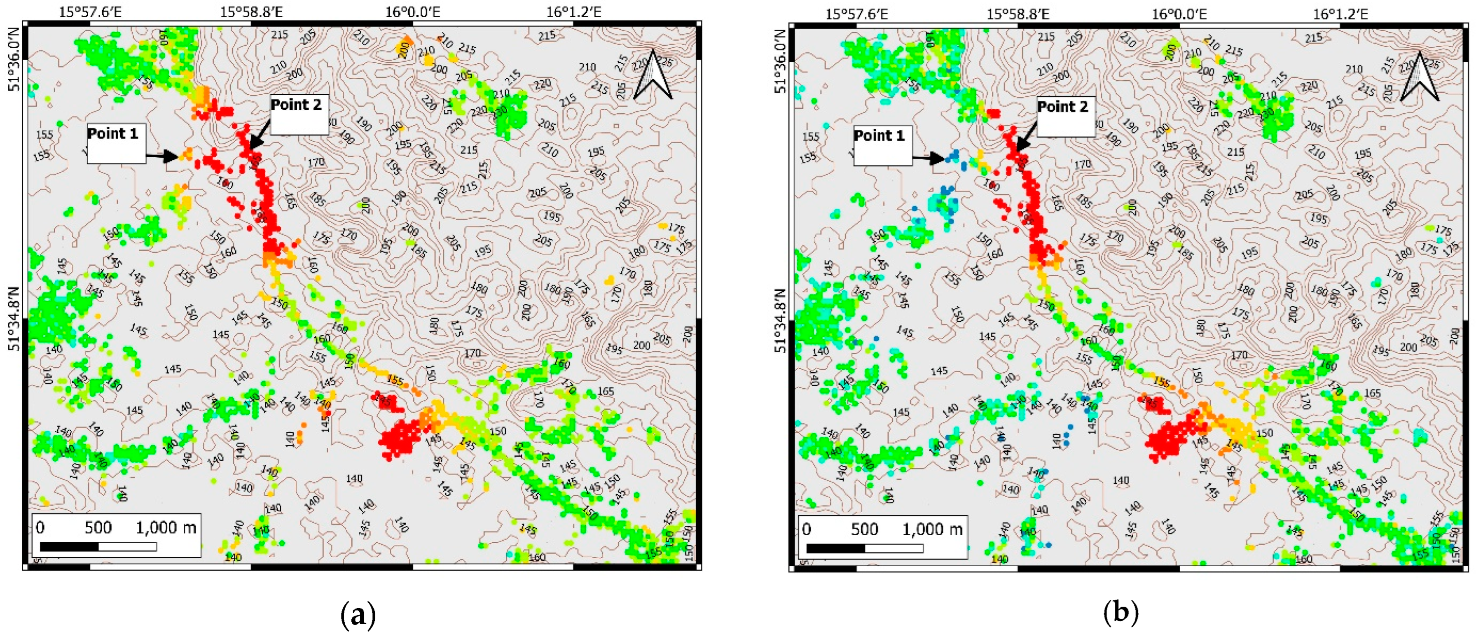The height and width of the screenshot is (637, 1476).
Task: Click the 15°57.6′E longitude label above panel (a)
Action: pyautogui.click(x=90, y=12)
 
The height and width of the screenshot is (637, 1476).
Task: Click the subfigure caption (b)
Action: pyautogui.click(x=1120, y=614)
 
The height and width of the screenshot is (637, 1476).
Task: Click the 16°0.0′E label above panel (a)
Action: pyautogui.click(x=412, y=12)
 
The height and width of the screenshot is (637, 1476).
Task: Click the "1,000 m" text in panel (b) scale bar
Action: pyautogui.click(x=932, y=529)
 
